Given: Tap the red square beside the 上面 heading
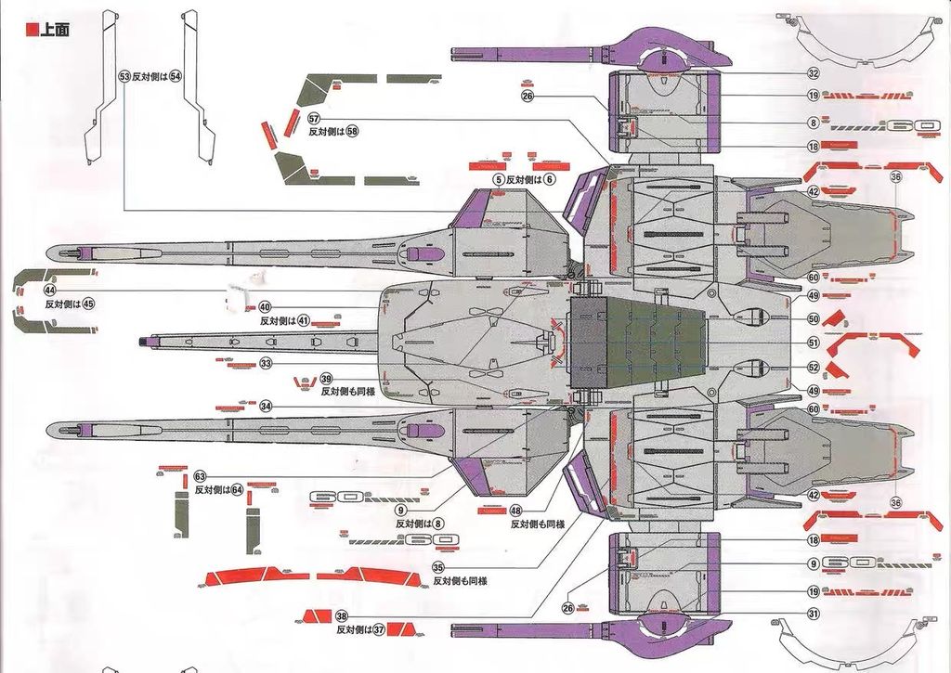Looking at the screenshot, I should click(33, 28).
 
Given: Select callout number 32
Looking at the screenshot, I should click(813, 73).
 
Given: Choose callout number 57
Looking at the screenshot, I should click(314, 120).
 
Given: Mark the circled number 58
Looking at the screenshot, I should click(352, 132).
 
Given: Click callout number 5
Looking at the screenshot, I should click(499, 179).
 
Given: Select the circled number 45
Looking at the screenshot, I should click(88, 303).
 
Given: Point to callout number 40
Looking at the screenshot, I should click(265, 307).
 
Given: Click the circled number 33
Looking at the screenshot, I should click(266, 364).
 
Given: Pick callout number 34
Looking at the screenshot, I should click(266, 406).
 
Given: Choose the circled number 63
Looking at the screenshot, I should click(200, 476).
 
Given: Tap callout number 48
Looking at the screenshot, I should click(516, 511).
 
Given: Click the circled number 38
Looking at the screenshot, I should click(342, 616).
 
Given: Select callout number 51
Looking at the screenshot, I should click(813, 343).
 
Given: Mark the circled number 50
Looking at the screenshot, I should click(813, 318).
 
